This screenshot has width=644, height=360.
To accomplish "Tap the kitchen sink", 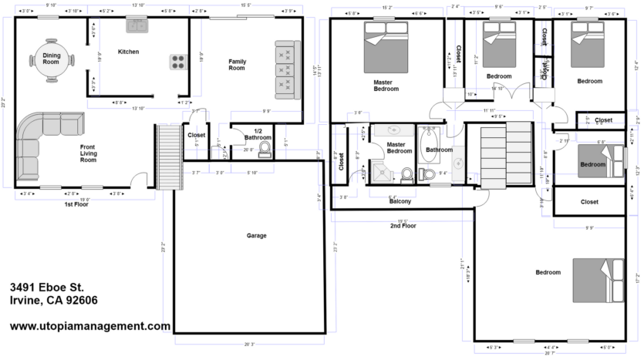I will pos(137,26).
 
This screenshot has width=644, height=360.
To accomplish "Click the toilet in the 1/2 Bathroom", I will pos(265,147).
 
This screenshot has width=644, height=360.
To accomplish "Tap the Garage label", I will pos(256,236).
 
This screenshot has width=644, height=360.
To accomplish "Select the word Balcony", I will pos(400,201).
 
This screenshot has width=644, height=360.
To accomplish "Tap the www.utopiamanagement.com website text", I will pos(90,326).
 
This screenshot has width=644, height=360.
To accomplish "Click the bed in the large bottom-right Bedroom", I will pos(598,280).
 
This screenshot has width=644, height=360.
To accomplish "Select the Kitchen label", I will pos(128,52).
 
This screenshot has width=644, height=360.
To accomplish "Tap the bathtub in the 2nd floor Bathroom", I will pos(429,151).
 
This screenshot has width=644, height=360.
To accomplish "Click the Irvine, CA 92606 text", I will pos(53,301).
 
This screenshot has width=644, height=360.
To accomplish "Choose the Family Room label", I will pos(236,64).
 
